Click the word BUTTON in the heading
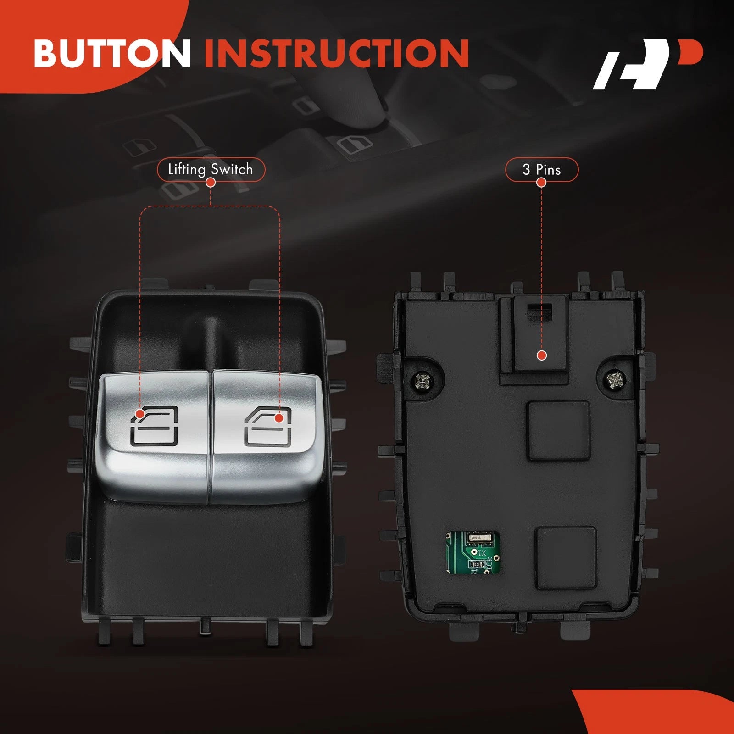(112, 53)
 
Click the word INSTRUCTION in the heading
(337, 53)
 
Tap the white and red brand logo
(648, 64)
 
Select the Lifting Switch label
(211, 169)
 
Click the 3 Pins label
(541, 170)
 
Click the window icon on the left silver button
(154, 426)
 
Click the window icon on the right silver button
(267, 426)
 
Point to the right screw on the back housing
(615, 379)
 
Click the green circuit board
(473, 552)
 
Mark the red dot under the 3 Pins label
(541, 183)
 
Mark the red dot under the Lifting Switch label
(211, 183)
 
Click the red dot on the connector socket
(542, 356)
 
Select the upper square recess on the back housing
(558, 430)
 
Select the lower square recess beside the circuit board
(567, 558)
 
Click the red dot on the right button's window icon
(278, 418)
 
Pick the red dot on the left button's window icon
(140, 414)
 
